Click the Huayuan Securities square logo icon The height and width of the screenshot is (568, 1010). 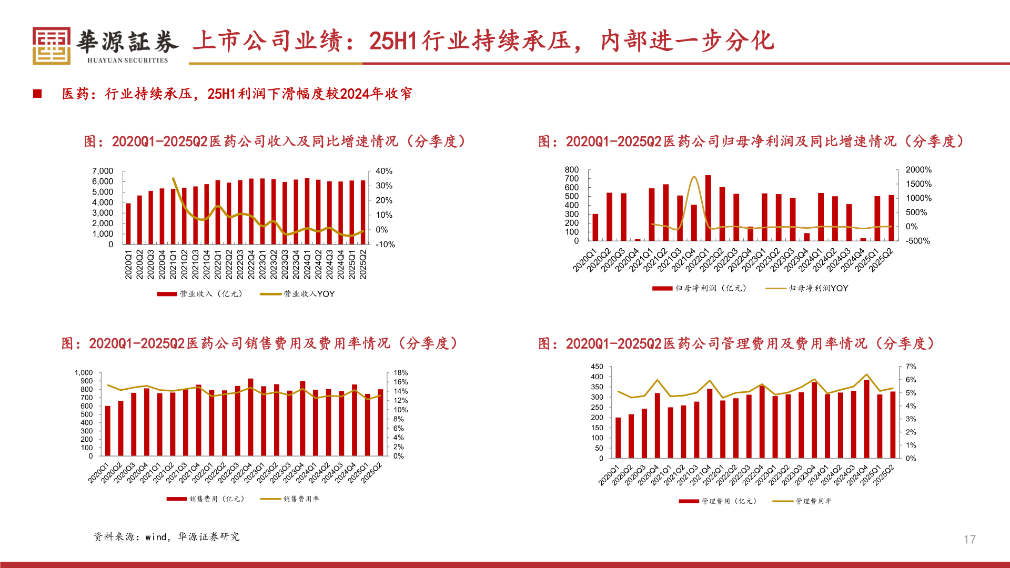click(51, 46)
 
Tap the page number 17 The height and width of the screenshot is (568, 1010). click(969, 539)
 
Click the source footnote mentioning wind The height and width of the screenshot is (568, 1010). click(166, 536)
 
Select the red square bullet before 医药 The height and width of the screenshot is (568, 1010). click(37, 94)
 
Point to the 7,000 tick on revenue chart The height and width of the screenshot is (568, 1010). click(103, 171)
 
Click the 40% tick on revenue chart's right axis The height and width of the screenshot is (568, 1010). click(384, 171)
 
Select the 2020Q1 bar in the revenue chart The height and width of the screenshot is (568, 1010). click(128, 224)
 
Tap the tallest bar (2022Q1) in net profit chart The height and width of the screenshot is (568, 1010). click(708, 209)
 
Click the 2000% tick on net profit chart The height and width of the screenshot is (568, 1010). click(918, 169)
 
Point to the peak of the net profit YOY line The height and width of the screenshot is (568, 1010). click(694, 177)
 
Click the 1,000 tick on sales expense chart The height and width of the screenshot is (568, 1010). click(84, 372)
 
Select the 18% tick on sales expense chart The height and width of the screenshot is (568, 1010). click(400, 372)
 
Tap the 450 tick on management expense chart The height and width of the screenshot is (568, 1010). click(597, 366)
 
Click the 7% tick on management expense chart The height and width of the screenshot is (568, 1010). click(911, 366)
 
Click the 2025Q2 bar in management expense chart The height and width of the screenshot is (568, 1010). click(893, 424)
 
